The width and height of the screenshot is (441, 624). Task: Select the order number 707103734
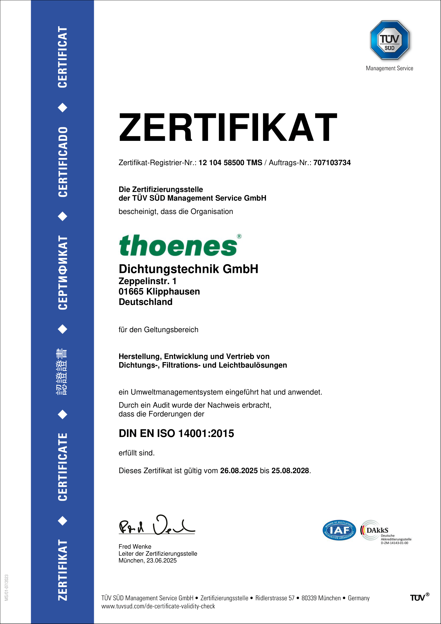(x=332, y=163)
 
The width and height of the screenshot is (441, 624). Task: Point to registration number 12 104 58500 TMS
(x=230, y=163)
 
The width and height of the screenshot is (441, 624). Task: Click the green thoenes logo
(x=178, y=246)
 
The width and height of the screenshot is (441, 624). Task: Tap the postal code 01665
(x=131, y=292)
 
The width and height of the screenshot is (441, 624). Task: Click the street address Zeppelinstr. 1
(x=147, y=281)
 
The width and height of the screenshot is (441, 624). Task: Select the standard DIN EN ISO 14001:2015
(x=176, y=434)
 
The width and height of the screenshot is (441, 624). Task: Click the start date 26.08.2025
(x=239, y=471)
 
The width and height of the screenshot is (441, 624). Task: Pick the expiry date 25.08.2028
(x=290, y=471)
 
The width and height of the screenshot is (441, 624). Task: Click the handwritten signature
(x=157, y=525)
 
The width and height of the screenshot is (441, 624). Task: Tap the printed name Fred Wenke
(x=135, y=547)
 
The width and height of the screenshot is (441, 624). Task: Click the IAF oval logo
(x=339, y=530)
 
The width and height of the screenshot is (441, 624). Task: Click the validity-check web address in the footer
(x=158, y=606)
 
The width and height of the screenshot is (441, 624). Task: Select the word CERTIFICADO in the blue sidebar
(x=63, y=162)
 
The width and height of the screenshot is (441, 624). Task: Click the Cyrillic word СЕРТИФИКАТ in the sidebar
(x=63, y=273)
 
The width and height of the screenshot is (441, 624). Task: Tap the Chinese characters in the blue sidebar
(x=62, y=372)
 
